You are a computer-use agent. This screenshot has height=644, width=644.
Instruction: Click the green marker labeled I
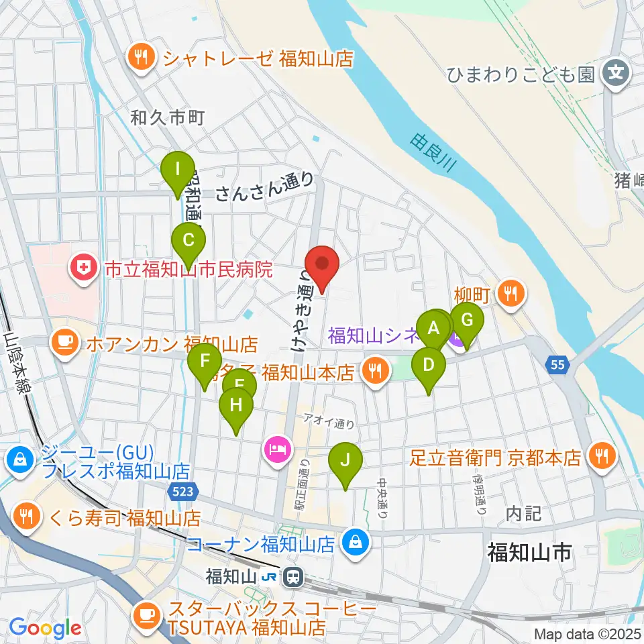coord(177,168)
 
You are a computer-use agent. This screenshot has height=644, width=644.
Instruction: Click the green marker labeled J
coord(345,462)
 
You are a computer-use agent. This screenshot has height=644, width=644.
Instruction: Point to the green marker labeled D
coord(429,366)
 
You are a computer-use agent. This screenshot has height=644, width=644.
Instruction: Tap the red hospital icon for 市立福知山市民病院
coord(85,270)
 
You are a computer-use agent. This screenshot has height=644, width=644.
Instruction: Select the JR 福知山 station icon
coord(292,576)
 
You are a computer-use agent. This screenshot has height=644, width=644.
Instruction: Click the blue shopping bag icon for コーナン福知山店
coord(356,543)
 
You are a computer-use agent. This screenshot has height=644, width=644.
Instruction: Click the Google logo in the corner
coord(45,627)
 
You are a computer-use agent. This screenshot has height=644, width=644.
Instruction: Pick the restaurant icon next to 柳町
coord(512,293)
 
